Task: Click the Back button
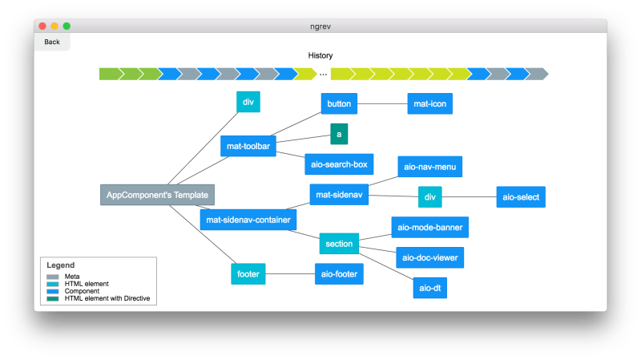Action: pyautogui.click(x=52, y=42)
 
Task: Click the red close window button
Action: pyautogui.click(x=42, y=26)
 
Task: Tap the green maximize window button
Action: pyautogui.click(x=67, y=26)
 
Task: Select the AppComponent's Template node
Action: pyautogui.click(x=158, y=195)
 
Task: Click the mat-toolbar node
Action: pyautogui.click(x=248, y=146)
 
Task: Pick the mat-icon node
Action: pyautogui.click(x=430, y=103)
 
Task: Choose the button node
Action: pyautogui.click(x=339, y=103)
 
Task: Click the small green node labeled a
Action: pyautogui.click(x=339, y=134)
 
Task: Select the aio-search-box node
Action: pyautogui.click(x=338, y=164)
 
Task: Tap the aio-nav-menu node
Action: pyautogui.click(x=430, y=166)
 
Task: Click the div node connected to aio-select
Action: pyautogui.click(x=430, y=196)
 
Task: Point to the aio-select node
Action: pyautogui.click(x=521, y=196)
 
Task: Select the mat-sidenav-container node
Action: pyautogui.click(x=248, y=219)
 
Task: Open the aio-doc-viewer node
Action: pyautogui.click(x=430, y=257)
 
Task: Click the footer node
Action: pyautogui.click(x=248, y=273)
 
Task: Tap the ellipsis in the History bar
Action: pyautogui.click(x=324, y=74)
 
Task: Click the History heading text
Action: pyautogui.click(x=320, y=55)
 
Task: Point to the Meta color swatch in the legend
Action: pyautogui.click(x=53, y=277)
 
